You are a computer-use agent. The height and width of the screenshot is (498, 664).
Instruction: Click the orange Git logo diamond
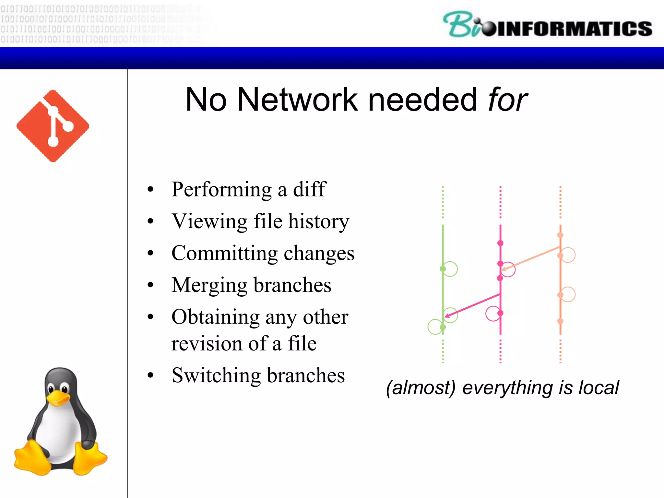point(53,126)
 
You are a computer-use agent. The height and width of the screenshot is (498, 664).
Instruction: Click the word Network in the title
point(297,100)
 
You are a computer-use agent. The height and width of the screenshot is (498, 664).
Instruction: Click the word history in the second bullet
point(319,221)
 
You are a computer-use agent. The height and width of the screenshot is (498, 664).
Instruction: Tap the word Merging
point(209,286)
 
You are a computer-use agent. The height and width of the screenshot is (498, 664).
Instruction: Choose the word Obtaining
point(215,317)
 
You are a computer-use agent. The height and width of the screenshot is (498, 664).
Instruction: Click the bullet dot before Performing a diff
point(150,189)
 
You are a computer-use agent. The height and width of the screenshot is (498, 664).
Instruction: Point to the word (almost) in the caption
point(421,388)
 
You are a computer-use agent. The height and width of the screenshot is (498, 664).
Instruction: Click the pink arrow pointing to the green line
point(472,305)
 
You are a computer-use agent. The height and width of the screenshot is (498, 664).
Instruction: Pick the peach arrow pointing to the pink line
point(530,258)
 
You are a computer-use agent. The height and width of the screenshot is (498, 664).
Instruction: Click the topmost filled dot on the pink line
point(500,243)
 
